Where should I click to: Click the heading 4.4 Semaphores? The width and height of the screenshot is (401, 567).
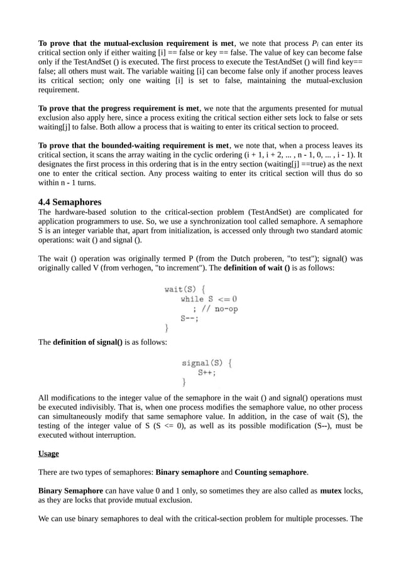[x=70, y=202]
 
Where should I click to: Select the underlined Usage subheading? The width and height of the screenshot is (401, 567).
[x=48, y=453]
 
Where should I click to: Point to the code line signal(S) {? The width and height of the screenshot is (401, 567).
[x=207, y=362]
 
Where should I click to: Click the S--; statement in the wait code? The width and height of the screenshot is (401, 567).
[x=189, y=318]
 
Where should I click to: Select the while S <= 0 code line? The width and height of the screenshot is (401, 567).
[x=209, y=299]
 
